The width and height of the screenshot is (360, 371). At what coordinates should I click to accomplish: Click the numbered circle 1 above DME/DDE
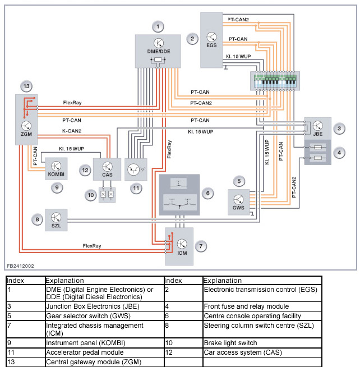click(x=159, y=26)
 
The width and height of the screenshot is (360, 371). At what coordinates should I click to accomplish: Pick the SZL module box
click(x=56, y=218)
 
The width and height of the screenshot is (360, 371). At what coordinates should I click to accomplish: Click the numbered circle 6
click(x=207, y=193)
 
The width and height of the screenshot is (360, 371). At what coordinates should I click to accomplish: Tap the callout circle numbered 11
click(x=135, y=189)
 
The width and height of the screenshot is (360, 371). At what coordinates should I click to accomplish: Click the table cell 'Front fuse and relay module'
click(x=246, y=306)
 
